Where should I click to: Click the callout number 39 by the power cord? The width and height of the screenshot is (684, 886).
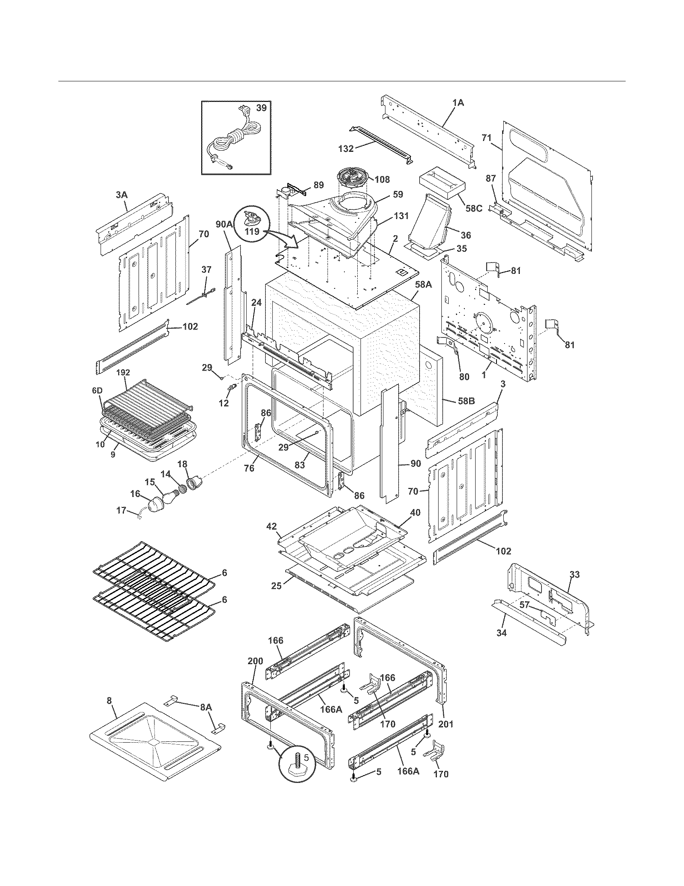click(262, 108)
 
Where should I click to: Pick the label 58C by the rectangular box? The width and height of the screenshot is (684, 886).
click(474, 209)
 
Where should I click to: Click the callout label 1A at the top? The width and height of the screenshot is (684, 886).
click(458, 103)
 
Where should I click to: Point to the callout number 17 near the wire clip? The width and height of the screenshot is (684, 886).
click(122, 510)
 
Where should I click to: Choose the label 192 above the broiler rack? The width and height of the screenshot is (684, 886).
click(123, 372)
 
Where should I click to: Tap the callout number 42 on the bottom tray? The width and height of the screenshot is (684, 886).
click(271, 527)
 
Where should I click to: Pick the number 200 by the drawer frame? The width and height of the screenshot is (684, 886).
click(255, 661)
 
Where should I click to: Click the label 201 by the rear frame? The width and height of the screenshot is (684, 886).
click(446, 724)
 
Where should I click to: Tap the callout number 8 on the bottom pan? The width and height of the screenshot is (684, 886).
click(109, 710)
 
